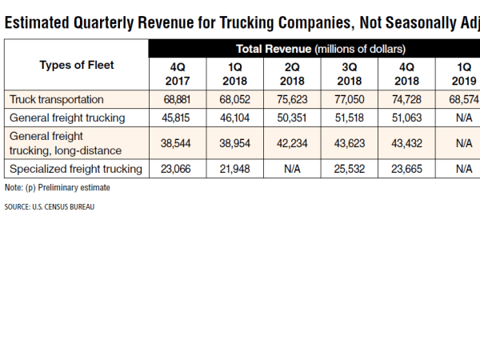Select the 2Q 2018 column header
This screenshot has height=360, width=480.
click(x=294, y=74)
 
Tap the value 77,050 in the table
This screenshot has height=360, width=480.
click(x=350, y=100)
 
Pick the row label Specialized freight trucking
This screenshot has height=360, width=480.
click(x=75, y=169)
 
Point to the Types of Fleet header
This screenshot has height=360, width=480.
click(x=77, y=66)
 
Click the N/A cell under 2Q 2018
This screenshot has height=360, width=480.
click(x=294, y=169)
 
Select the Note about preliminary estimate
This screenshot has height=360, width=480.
click(x=57, y=187)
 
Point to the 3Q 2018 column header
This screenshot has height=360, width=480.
click(x=350, y=74)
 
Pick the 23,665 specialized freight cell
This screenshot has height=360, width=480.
click(x=407, y=169)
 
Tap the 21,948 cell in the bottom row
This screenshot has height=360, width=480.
click(x=236, y=169)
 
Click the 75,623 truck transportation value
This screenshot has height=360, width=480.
click(x=294, y=100)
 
